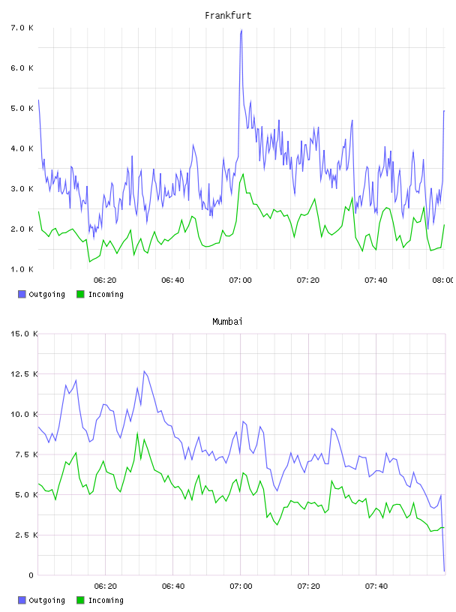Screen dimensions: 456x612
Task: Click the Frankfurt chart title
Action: (228, 15)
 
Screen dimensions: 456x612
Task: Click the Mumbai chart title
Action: (227, 321)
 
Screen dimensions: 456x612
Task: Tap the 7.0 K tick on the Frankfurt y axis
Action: (22, 28)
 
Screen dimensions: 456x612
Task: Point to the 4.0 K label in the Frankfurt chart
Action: (22, 148)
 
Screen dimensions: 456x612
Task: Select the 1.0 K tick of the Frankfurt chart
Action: (22, 269)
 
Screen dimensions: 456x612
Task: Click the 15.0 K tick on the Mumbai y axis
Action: (24, 334)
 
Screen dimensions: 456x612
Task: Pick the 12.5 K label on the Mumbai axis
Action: (24, 374)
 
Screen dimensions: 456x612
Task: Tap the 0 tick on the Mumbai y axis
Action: (31, 575)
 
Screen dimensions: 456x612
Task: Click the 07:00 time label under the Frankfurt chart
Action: (240, 280)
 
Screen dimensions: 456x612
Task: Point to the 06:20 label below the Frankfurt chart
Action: (105, 280)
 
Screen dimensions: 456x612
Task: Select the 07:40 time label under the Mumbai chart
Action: (376, 586)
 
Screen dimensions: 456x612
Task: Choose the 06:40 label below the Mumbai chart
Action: (173, 586)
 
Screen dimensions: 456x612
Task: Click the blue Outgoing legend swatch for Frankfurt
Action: (22, 294)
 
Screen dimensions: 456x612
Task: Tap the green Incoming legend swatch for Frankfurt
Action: (80, 294)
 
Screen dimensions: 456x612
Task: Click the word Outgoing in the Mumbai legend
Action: (46, 600)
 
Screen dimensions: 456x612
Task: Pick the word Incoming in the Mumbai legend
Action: (106, 600)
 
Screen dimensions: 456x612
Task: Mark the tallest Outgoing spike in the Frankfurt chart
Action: (241, 30)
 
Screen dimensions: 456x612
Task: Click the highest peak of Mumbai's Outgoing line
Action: (144, 371)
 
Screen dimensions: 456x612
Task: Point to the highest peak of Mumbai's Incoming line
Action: (137, 433)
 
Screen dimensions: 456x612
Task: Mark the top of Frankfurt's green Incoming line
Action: (243, 174)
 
